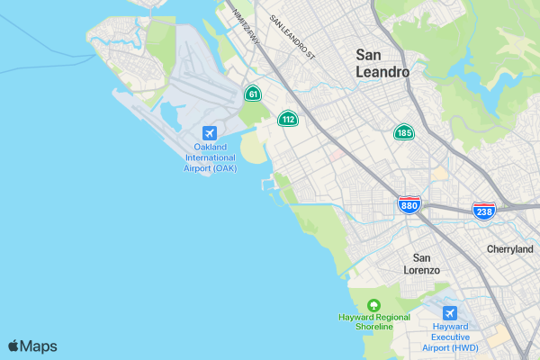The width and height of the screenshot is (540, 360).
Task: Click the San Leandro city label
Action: (382, 63)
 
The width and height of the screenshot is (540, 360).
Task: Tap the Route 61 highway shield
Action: (253, 94)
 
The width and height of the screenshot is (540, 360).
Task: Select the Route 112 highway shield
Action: (288, 119)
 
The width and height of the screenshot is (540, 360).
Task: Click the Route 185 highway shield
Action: (404, 133)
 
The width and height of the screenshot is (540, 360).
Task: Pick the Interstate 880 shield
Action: (409, 205)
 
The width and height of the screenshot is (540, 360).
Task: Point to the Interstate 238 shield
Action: (482, 210)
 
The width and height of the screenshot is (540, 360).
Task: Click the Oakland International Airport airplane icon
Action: (210, 133)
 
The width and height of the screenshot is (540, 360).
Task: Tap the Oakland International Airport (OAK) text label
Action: (210, 157)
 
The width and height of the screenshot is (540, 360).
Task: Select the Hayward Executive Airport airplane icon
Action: (450, 314)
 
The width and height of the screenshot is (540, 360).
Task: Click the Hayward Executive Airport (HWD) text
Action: (450, 337)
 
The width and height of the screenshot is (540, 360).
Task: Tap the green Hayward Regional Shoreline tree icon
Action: (374, 304)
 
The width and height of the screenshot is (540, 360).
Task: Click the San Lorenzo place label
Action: (420, 264)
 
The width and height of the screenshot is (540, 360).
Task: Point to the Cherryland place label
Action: (509, 249)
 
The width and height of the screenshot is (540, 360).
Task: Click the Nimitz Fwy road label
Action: (245, 24)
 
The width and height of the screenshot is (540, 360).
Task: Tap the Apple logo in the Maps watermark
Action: (13, 346)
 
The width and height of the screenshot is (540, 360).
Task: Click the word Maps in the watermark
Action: (39, 346)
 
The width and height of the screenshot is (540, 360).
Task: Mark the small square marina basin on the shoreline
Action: (267, 184)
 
